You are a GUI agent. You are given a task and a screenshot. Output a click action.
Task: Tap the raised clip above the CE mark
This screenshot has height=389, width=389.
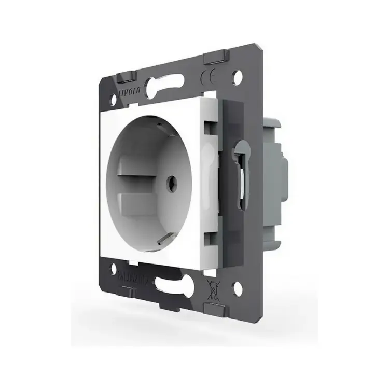coord(215,56)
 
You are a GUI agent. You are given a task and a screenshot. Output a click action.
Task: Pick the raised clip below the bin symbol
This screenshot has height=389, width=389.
coord(216,310)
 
